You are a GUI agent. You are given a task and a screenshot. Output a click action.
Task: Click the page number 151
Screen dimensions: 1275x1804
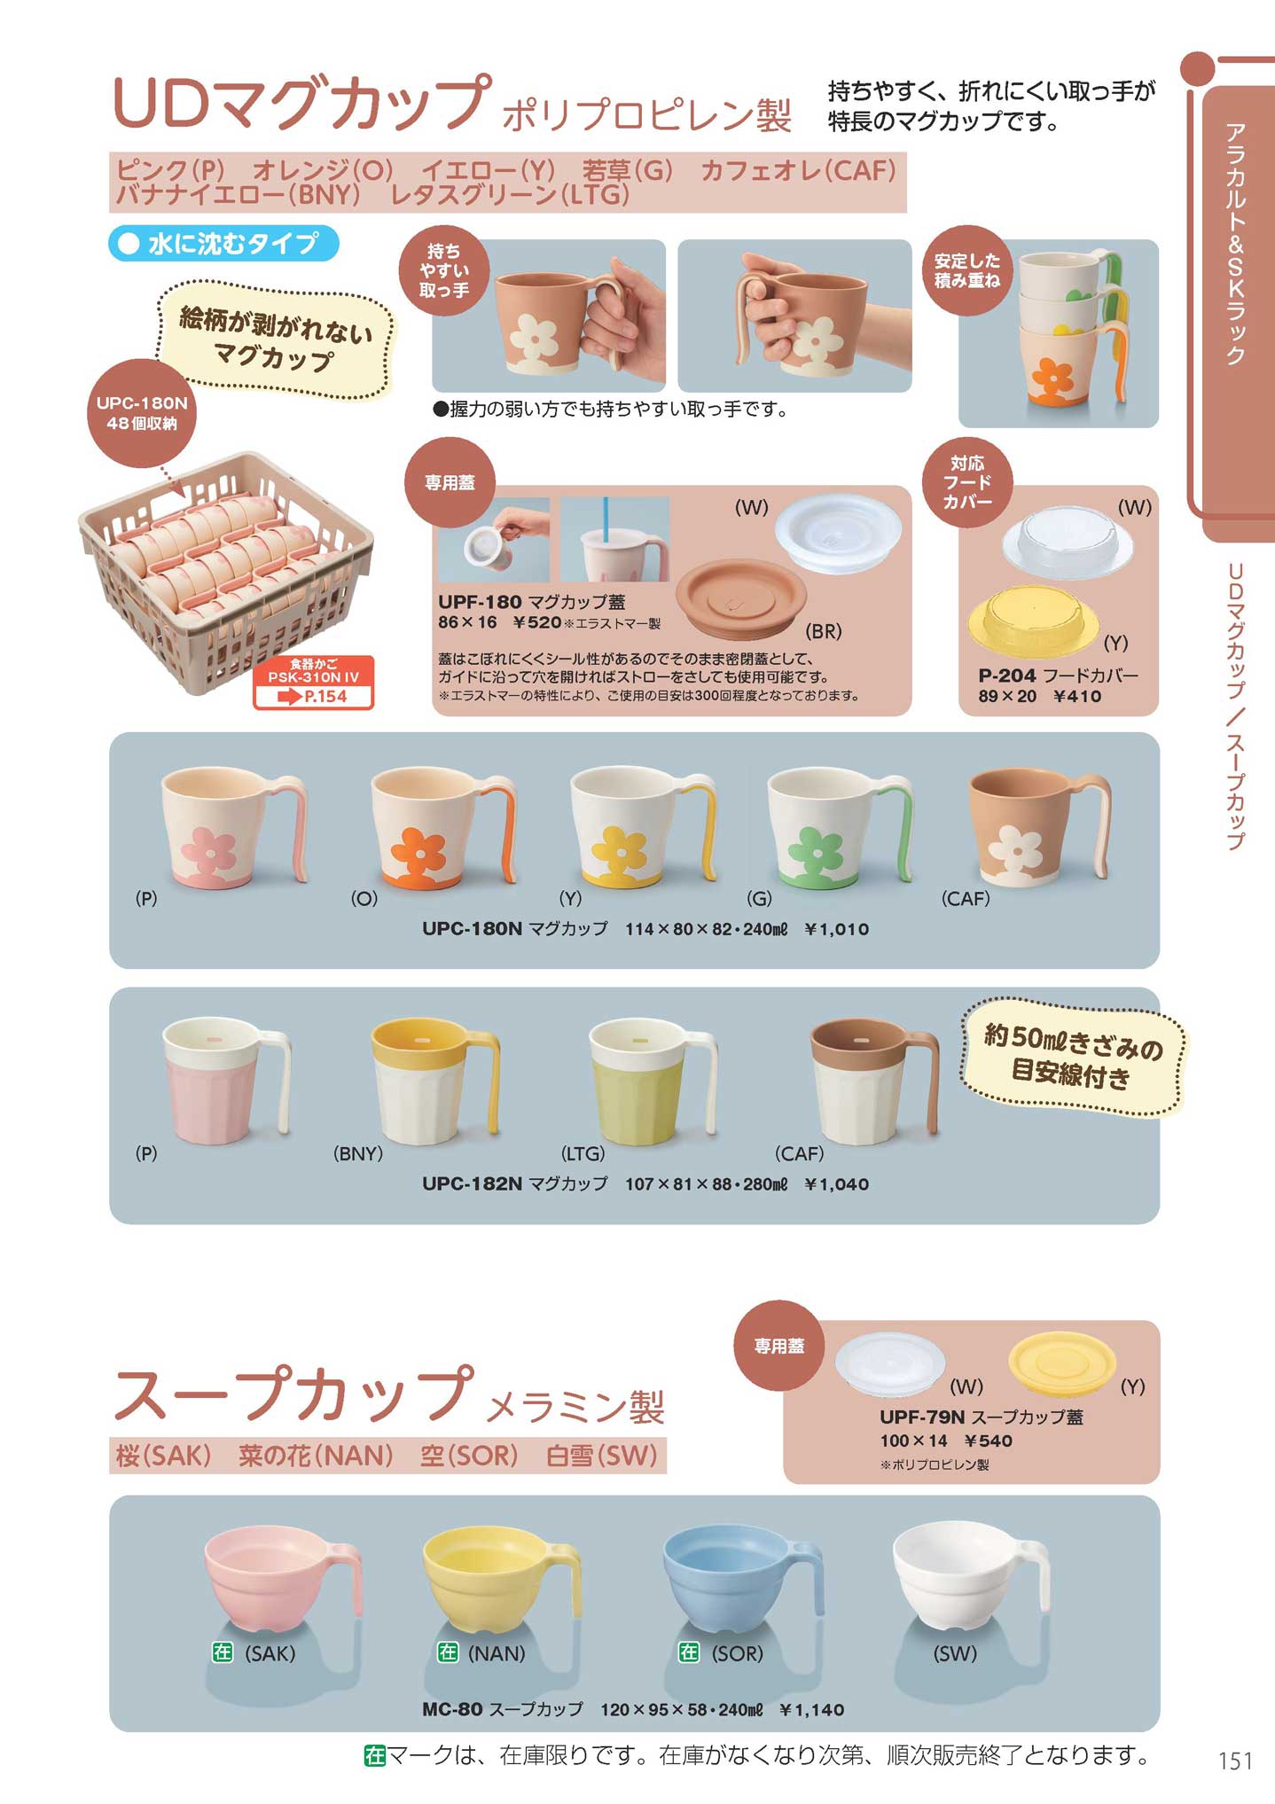(1235, 1760)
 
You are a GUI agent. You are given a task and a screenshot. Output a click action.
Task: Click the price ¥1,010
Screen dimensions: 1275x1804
(836, 929)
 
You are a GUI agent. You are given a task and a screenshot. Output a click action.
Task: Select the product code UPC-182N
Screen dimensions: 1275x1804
(472, 1183)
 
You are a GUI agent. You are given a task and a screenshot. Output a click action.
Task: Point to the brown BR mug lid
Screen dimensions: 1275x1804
(741, 597)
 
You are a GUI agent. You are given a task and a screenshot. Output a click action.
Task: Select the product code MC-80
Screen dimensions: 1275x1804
(452, 1709)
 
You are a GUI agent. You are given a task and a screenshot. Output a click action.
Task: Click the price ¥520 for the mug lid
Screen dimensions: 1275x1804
(536, 622)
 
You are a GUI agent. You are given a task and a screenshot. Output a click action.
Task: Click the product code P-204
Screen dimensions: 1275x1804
(1007, 676)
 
